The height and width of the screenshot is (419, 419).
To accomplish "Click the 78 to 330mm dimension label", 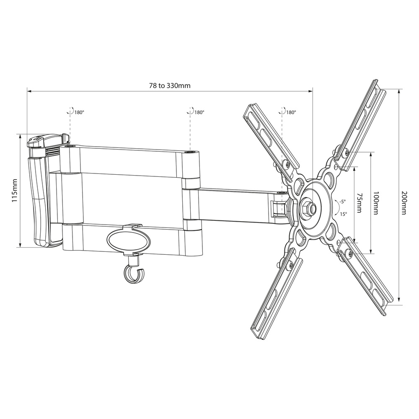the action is (170, 85).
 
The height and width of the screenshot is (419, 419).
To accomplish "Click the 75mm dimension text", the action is (360, 203).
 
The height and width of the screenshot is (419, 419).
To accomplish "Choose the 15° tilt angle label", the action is (344, 214).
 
